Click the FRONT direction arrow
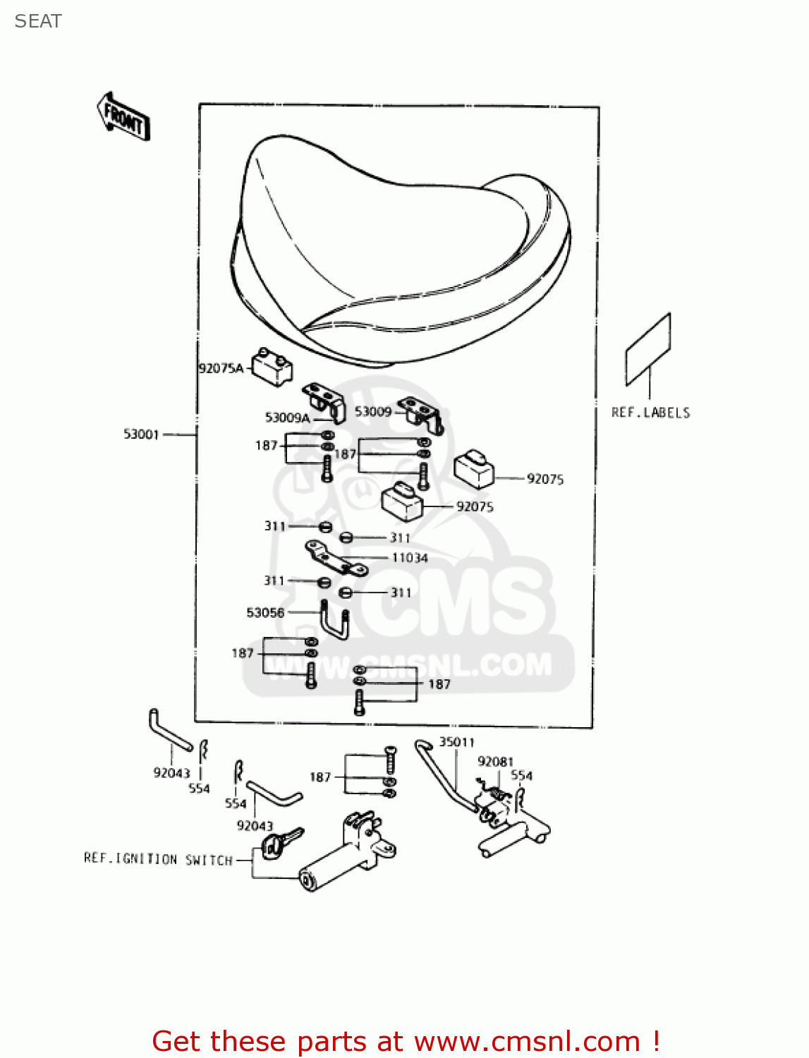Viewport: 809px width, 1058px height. (123, 117)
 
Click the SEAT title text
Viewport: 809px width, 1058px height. (38, 21)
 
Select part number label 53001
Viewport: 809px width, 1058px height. (141, 434)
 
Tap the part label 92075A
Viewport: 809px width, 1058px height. (221, 368)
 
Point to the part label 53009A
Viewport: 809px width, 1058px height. (287, 418)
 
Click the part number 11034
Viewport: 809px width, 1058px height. (410, 558)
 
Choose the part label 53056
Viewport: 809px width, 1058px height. (265, 613)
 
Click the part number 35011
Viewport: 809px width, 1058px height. (457, 742)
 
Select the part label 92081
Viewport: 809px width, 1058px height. (495, 762)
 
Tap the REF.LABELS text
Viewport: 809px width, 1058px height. (650, 413)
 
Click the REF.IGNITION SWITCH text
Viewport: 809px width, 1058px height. (158, 859)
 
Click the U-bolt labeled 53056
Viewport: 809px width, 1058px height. (335, 621)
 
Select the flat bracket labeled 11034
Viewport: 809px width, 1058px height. (336, 559)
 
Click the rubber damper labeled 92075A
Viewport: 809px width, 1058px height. (272, 367)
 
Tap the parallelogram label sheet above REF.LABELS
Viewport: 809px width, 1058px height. (648, 349)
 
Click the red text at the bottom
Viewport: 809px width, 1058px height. (406, 1041)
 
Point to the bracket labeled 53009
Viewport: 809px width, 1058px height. (421, 414)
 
